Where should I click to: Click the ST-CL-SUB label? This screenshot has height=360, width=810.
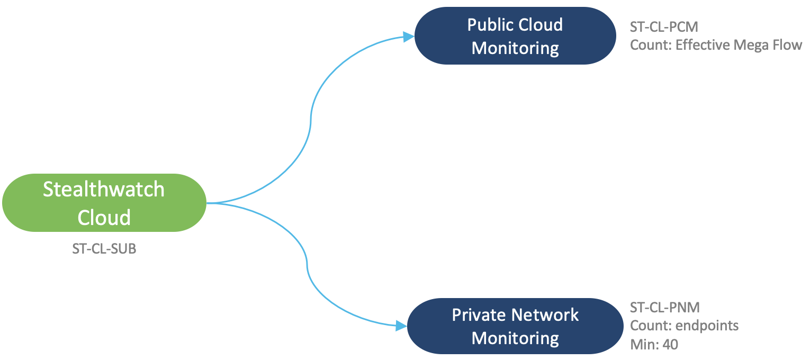tap(104, 249)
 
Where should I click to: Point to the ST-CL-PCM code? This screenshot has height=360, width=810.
tap(661, 26)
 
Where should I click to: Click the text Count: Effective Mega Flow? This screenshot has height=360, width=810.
tap(716, 45)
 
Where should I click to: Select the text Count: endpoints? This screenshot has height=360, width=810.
tap(684, 325)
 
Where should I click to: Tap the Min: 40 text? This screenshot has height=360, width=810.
tap(654, 344)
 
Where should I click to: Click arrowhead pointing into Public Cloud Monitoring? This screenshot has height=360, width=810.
tap(408, 37)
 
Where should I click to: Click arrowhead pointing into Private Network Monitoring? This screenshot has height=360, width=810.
tap(401, 326)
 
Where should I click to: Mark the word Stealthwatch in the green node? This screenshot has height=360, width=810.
tap(104, 190)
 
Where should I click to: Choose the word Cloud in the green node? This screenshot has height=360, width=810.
tap(104, 217)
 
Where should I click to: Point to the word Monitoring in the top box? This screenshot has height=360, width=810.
tap(515, 48)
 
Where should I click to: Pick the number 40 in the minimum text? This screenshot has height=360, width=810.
tap(670, 344)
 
